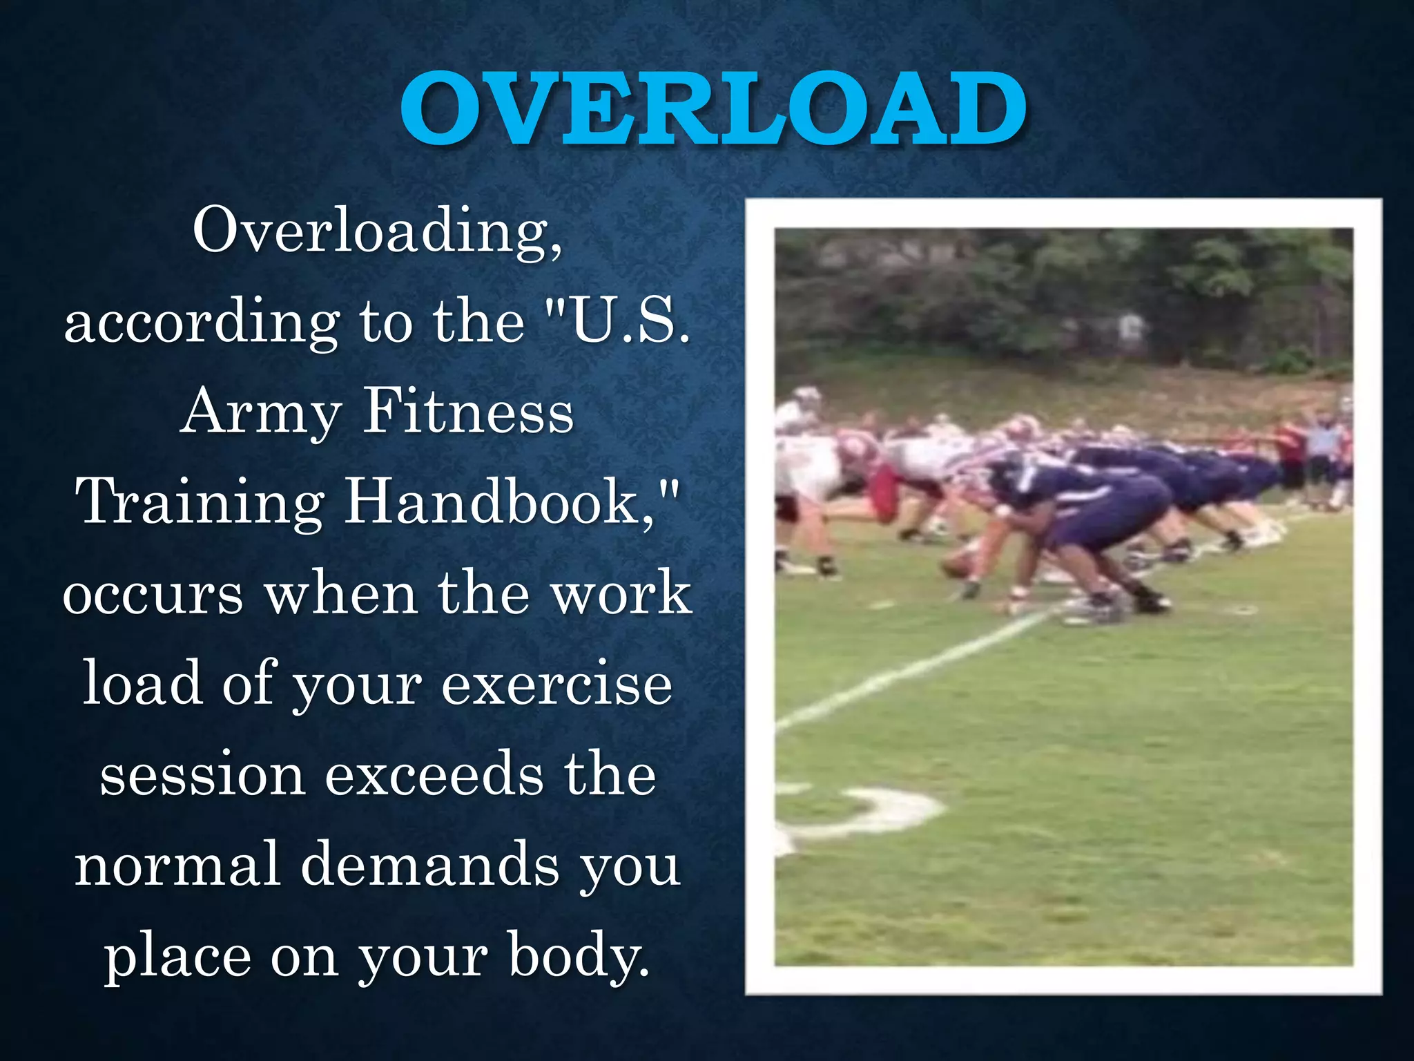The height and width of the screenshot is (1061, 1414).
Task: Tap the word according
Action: coord(202,323)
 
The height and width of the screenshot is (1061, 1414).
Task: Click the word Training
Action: coord(200,503)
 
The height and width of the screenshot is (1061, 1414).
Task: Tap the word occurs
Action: coord(153,594)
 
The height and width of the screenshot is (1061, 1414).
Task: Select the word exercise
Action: coord(556,685)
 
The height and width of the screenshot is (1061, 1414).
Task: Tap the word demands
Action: coord(430,866)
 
